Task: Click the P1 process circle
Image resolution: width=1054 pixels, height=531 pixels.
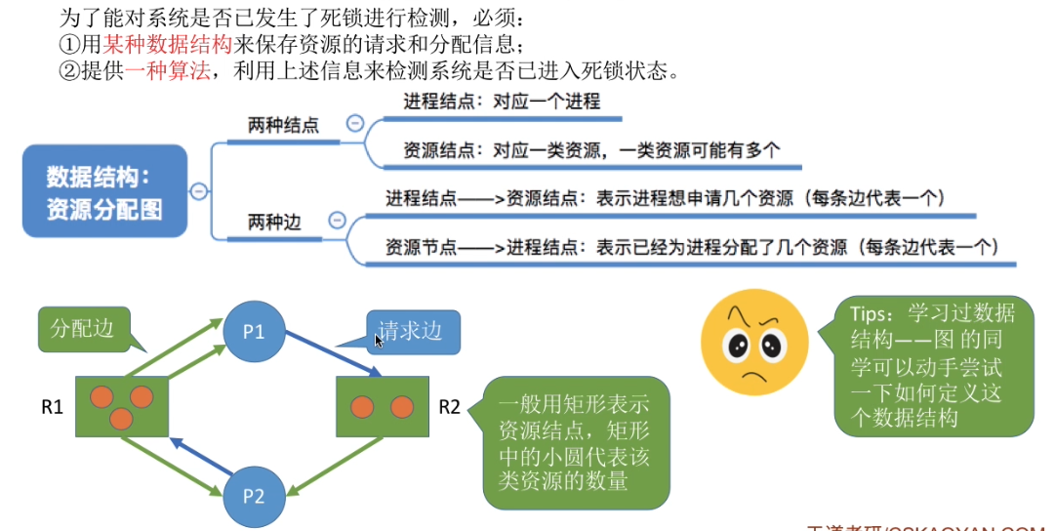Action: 254,332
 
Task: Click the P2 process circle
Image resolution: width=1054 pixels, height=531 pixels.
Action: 253,495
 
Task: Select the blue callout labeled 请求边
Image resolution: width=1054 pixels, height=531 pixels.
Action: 411,331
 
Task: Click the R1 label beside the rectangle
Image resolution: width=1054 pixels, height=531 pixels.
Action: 52,406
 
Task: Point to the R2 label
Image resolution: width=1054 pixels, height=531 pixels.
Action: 449,406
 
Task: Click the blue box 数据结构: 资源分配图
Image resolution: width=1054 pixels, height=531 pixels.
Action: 104,192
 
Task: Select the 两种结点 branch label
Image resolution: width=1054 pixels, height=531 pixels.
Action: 283,125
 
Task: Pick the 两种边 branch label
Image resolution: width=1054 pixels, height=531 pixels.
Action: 274,223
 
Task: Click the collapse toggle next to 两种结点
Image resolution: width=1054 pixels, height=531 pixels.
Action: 355,124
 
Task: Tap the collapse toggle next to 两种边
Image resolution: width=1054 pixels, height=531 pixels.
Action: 338,222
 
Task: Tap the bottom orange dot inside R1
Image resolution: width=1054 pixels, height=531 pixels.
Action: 121,419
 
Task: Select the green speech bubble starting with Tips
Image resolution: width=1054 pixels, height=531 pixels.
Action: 934,366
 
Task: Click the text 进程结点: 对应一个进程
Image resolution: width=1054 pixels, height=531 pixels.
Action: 502,101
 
